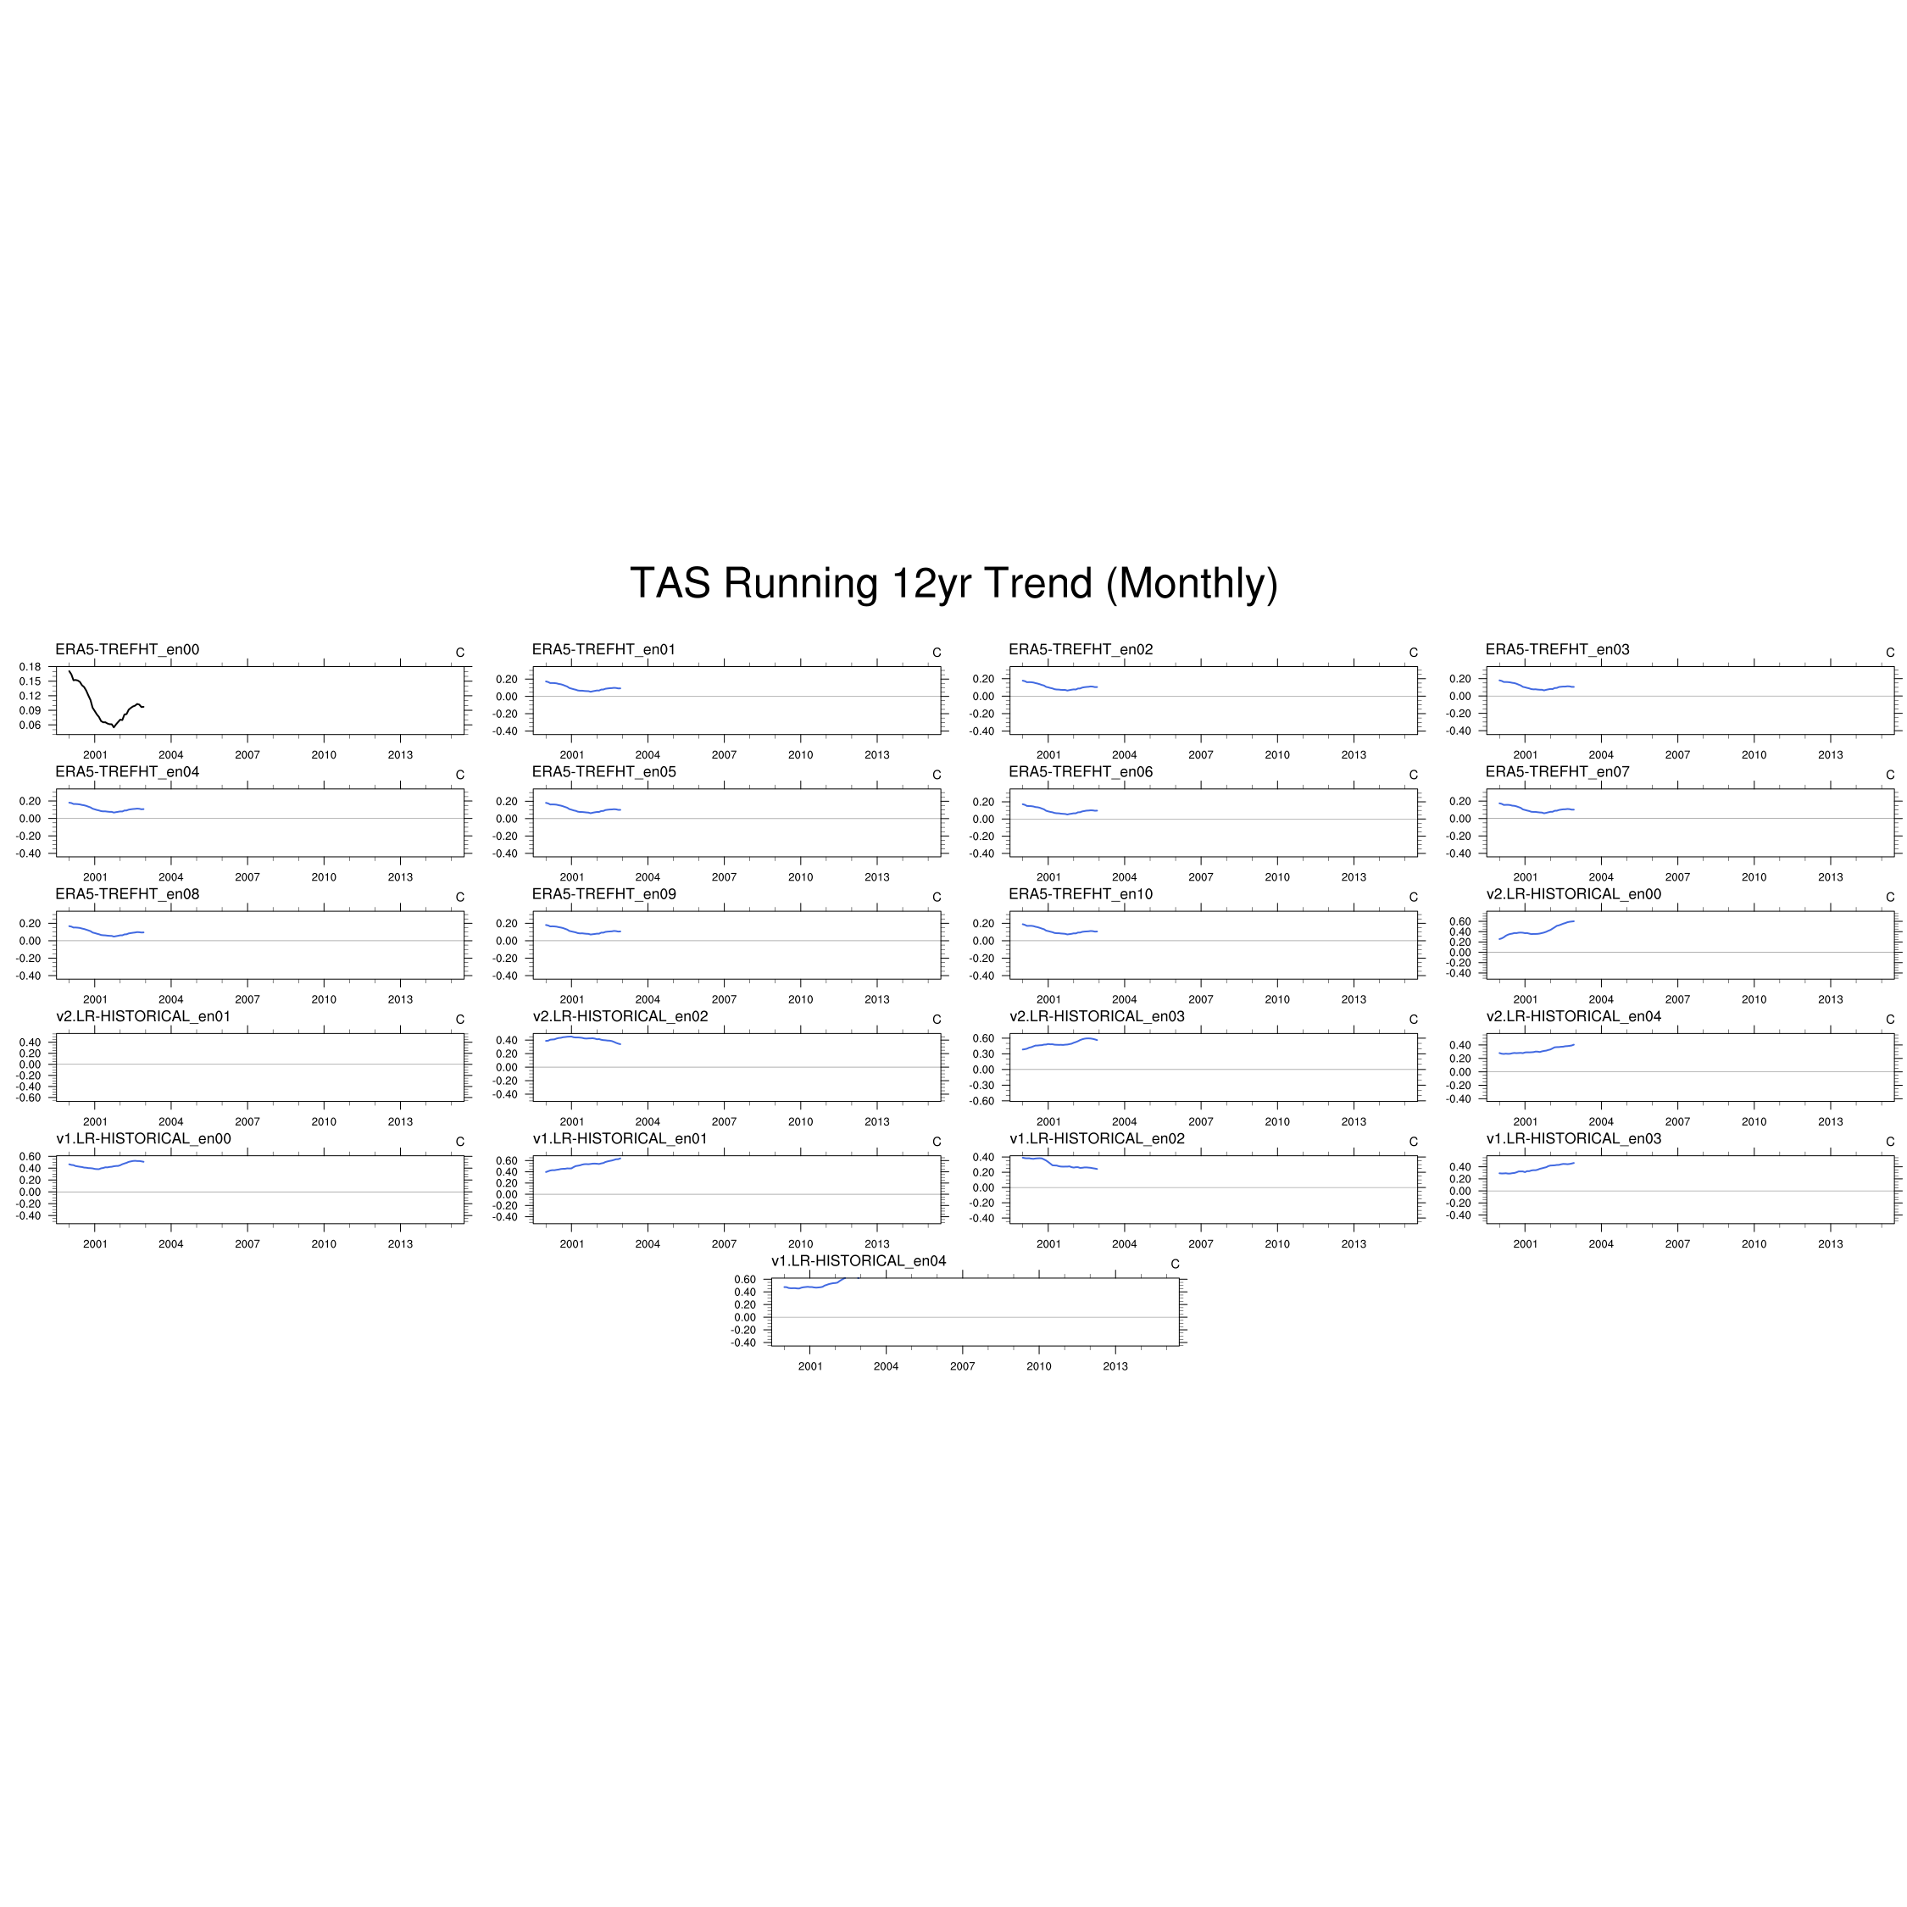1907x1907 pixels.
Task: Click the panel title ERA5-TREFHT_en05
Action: [x=604, y=772]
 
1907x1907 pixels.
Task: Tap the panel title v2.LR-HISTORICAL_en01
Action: [x=143, y=1017]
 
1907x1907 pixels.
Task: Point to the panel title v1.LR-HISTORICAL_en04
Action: [x=859, y=1261]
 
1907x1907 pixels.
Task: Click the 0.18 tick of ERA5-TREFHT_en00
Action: [x=30, y=667]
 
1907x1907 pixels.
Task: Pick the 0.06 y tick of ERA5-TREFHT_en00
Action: [x=30, y=726]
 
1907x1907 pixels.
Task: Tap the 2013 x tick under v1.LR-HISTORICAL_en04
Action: [x=1115, y=1366]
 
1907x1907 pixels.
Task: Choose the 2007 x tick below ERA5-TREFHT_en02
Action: [x=1201, y=755]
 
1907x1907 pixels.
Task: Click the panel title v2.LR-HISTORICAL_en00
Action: [x=1575, y=894]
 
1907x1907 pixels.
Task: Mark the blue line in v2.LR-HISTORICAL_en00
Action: [x=1536, y=933]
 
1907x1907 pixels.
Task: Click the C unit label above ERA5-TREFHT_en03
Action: [x=1890, y=653]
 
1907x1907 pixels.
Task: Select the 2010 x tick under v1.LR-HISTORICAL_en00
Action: [x=324, y=1243]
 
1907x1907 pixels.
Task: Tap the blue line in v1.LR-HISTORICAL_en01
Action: [x=583, y=1165]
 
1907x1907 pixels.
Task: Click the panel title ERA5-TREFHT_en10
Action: [x=1081, y=894]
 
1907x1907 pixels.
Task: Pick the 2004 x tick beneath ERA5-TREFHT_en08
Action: [x=170, y=999]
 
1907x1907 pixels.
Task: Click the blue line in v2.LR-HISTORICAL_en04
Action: [x=1536, y=1050]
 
